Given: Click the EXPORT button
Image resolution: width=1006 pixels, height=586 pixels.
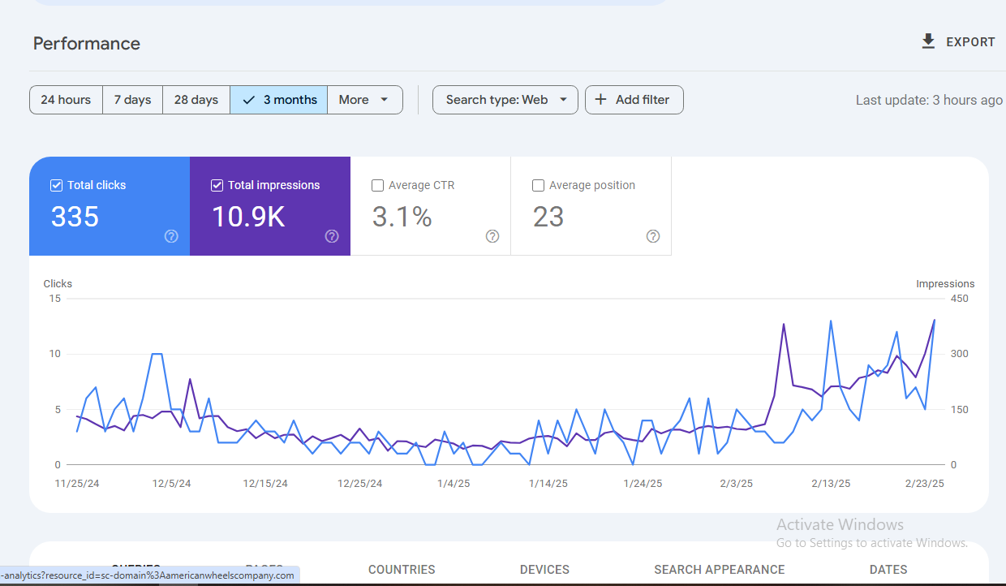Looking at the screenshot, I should (x=958, y=42).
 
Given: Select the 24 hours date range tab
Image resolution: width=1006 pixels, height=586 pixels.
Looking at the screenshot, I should (x=66, y=100).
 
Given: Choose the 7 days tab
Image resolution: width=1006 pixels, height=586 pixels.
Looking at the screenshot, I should (x=132, y=100).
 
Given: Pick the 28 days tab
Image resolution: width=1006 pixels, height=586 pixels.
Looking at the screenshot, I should (x=196, y=100).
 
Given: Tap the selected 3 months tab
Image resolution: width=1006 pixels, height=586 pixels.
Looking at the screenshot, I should (x=279, y=100).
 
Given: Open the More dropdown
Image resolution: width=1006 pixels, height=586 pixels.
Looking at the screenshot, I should (x=364, y=100).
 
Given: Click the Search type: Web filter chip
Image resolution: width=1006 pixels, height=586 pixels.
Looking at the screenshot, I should (x=505, y=100).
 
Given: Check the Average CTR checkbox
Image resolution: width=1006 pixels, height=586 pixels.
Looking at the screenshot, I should (x=377, y=185).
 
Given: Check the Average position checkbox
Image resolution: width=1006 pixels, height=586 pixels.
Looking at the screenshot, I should (x=538, y=185).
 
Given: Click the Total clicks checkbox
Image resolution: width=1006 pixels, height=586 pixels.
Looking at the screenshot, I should (x=56, y=185).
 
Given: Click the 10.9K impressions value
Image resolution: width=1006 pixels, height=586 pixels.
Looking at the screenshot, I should (x=248, y=217).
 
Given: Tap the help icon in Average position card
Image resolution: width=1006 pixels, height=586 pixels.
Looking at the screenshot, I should (x=653, y=236).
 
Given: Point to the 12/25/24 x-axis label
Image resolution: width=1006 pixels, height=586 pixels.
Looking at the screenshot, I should (x=359, y=483).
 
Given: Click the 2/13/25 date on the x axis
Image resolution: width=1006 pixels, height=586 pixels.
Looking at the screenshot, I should (x=831, y=483).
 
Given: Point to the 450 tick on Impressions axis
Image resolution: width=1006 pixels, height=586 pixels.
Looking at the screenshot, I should (x=959, y=299).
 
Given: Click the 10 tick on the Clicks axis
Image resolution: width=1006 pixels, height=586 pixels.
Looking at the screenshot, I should (x=55, y=354).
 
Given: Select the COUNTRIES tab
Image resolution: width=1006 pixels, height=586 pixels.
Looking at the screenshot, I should (x=402, y=570).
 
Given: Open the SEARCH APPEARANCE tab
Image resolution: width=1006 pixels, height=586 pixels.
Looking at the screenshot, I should (x=719, y=570).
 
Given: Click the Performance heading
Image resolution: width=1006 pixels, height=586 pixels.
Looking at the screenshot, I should (x=87, y=44).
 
